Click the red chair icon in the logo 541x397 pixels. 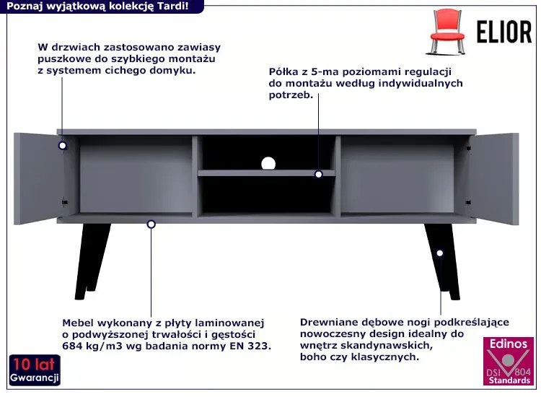pyautogui.click(x=447, y=32)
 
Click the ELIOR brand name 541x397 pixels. pyautogui.click(x=504, y=32)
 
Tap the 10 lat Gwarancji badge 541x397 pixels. pyautogui.click(x=35, y=370)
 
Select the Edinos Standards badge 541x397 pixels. pyautogui.click(x=509, y=361)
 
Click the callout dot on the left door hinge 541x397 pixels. pyautogui.click(x=63, y=145)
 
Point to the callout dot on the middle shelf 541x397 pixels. pyautogui.click(x=318, y=175)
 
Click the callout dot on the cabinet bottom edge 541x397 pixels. pyautogui.click(x=151, y=224)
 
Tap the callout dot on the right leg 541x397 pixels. pyautogui.click(x=439, y=253)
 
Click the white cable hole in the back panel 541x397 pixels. pyautogui.click(x=268, y=164)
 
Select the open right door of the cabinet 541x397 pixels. pyautogui.click(x=493, y=178)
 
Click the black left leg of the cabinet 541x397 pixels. pyautogui.click(x=92, y=261)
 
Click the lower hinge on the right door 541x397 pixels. pyautogui.click(x=468, y=202)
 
